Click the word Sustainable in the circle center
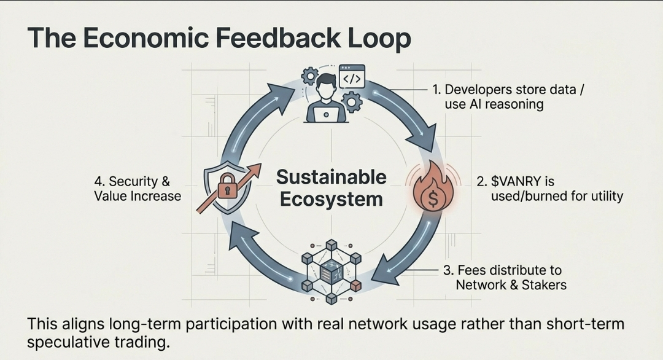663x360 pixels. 331,177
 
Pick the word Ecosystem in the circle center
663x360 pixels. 331,199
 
